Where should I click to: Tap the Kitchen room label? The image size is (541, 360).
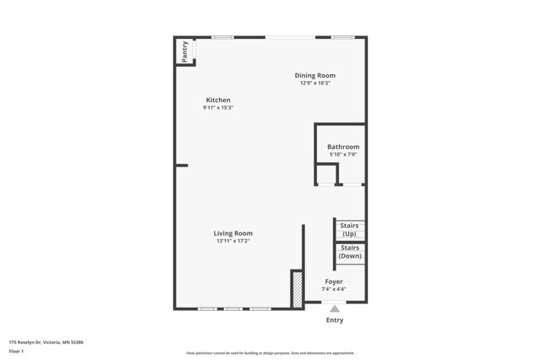(217, 100)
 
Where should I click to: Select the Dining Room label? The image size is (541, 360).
(314, 75)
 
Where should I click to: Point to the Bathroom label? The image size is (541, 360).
(343, 147)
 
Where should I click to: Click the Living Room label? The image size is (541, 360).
(232, 233)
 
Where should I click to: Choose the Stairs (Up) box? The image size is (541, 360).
(349, 229)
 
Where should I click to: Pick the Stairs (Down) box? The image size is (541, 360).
(349, 252)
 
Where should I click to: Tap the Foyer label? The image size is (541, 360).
(334, 281)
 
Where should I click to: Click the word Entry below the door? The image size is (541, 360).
(335, 320)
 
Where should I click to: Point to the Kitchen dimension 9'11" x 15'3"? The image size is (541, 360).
(217, 108)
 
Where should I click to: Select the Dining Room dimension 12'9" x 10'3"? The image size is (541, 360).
(314, 83)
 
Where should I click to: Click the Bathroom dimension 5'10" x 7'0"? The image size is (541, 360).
(343, 155)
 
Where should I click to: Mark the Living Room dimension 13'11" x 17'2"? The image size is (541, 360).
(232, 241)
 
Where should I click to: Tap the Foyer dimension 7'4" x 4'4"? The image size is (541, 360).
(334, 289)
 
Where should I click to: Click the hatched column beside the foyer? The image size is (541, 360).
(297, 289)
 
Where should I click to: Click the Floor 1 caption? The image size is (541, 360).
(17, 351)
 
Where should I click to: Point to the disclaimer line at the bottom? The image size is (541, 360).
(270, 353)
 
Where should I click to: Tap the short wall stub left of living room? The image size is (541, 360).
(182, 166)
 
